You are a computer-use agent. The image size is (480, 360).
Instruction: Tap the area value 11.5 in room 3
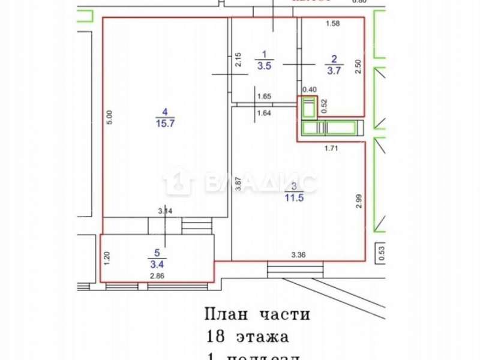[293, 196]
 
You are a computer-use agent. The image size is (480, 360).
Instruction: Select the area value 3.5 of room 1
[264, 67]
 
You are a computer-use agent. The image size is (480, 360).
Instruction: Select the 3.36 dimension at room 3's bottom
[298, 254]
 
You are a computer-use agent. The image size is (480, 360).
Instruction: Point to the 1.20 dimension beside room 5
[107, 258]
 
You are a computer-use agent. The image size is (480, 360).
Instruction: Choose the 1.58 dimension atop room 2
[332, 24]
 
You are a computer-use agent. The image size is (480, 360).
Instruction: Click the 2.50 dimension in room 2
[358, 65]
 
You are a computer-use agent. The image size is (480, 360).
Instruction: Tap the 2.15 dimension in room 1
[238, 61]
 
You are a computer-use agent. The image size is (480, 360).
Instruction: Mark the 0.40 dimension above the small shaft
[309, 89]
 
